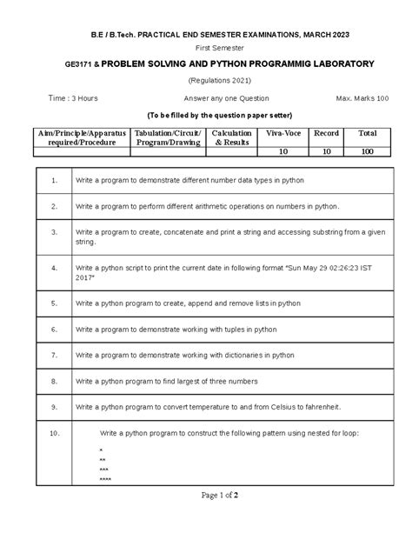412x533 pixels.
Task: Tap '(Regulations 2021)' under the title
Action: pos(205,81)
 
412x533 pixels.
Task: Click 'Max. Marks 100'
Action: pos(348,98)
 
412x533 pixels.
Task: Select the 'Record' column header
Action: pos(327,135)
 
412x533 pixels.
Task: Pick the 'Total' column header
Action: pos(367,135)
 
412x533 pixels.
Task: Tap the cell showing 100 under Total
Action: pos(367,151)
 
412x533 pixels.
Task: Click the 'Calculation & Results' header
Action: pos(233,138)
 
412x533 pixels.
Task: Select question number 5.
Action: pos(54,304)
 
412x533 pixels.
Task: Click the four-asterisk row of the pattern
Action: pos(105,480)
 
